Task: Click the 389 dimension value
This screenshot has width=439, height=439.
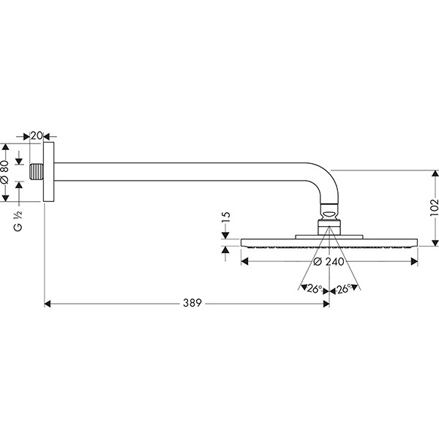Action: (191, 302)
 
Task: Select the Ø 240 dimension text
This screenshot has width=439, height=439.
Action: (329, 262)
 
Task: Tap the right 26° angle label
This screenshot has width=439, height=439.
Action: (344, 289)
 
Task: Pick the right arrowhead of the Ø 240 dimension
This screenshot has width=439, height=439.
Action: (416, 262)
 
